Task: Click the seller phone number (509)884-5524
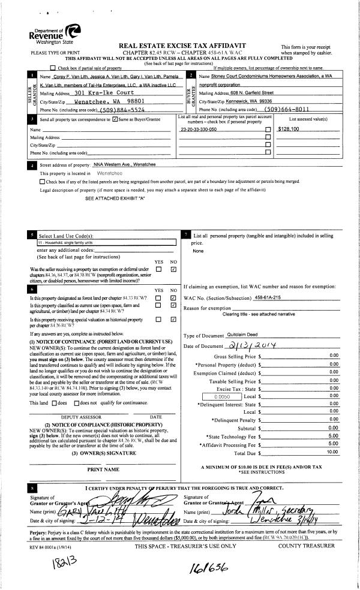click(x=133, y=110)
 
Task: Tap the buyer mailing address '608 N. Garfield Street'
click(x=247, y=93)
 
